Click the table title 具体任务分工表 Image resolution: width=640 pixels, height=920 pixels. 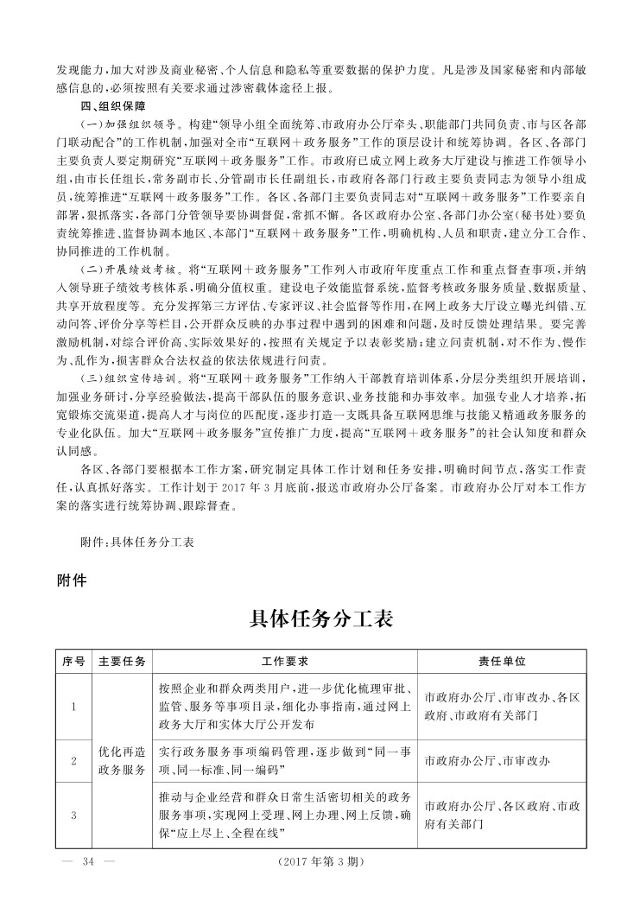point(320,619)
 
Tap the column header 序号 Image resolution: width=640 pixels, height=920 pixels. point(73,661)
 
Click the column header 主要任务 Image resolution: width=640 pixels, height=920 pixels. point(122,661)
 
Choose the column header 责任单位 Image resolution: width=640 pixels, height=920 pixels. point(502,661)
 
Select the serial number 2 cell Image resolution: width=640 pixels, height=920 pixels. point(73,761)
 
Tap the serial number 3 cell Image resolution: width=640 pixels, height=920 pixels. point(73,815)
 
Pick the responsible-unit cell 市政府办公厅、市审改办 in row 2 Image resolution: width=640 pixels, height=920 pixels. point(487,761)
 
